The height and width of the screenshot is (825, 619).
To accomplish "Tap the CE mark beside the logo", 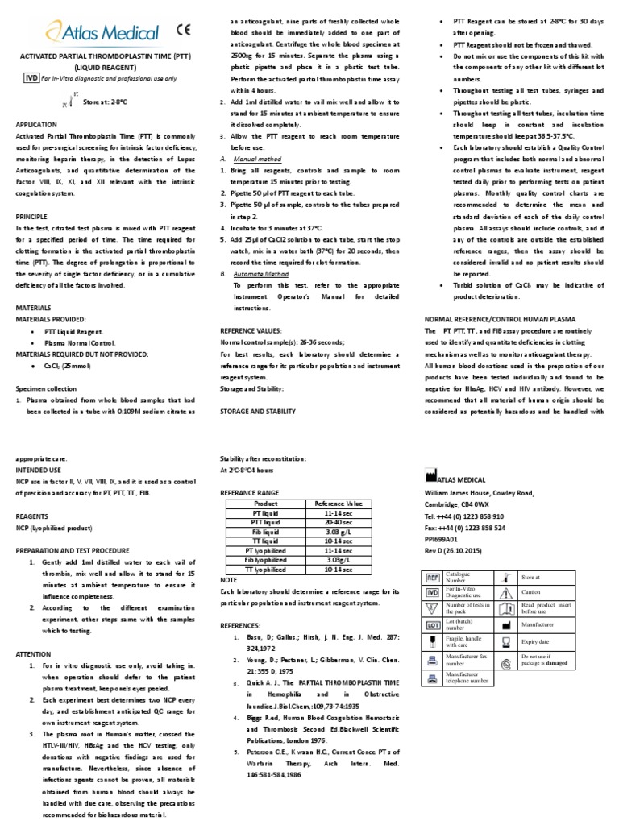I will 185,31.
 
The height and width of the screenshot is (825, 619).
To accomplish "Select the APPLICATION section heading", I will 36,125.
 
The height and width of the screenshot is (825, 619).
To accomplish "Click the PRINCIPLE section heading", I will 33,217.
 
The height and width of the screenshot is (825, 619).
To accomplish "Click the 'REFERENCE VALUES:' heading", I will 251,330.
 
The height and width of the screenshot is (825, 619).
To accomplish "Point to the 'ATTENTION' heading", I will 34,654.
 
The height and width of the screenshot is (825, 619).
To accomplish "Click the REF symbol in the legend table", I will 432,576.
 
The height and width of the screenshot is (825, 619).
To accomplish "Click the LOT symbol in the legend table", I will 432,624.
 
